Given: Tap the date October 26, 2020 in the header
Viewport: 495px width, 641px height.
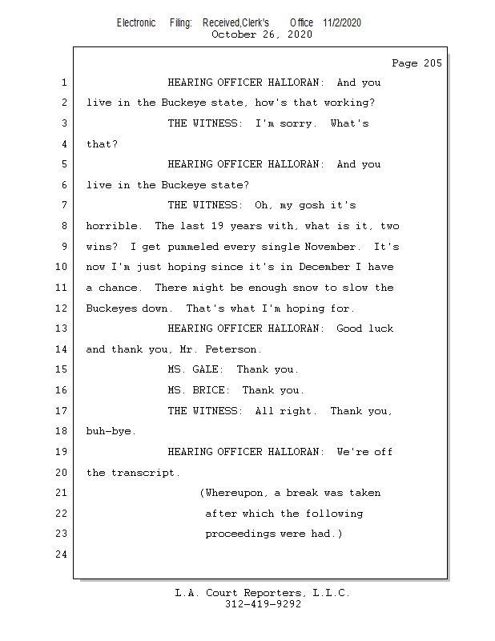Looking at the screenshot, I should tap(261, 34).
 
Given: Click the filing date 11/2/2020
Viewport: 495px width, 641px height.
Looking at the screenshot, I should tap(342, 22).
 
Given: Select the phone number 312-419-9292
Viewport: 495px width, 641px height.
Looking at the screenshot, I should tap(263, 605).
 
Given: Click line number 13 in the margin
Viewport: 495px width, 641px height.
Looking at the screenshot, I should tap(62, 329).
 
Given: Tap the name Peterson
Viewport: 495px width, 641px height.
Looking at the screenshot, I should tap(235, 349).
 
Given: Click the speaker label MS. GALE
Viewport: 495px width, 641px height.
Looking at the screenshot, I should tap(189, 370).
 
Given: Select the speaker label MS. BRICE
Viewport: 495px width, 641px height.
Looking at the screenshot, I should tap(192, 390).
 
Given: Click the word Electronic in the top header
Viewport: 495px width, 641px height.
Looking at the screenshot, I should tap(136, 22).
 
